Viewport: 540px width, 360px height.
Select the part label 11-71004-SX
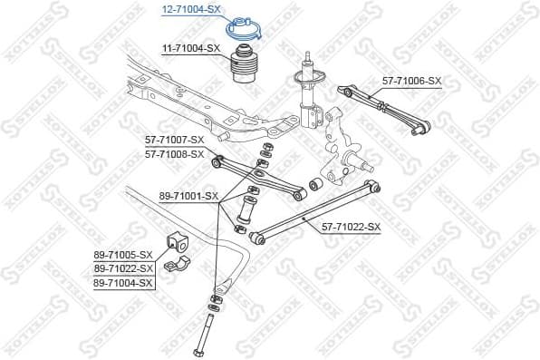coord(191,47)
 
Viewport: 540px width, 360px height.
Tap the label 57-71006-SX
coord(411,81)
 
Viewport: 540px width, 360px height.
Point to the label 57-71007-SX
coord(175,140)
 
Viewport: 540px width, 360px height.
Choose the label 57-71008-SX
coord(175,154)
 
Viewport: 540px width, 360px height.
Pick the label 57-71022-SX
coord(351,227)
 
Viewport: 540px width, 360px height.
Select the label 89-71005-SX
coord(123,255)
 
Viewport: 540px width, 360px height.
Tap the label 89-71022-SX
coord(123,269)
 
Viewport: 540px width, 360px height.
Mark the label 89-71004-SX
coord(123,284)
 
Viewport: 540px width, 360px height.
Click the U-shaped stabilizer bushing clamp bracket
coord(179,267)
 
